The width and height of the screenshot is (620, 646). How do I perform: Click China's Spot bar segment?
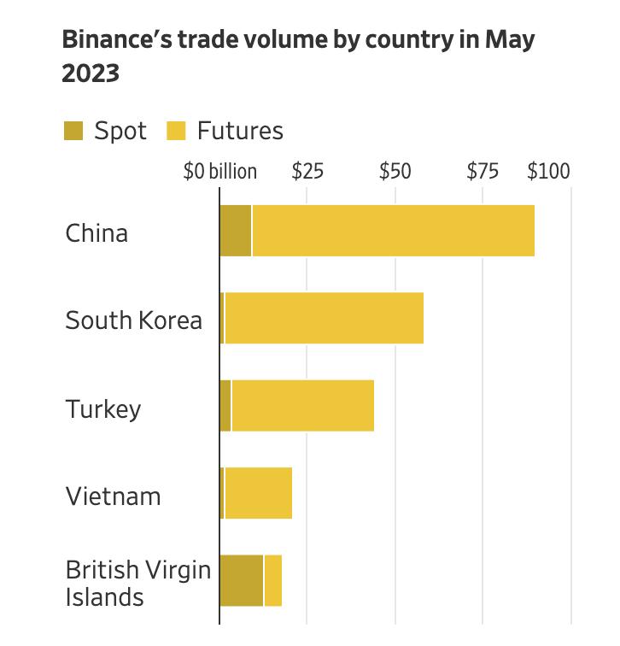click(236, 231)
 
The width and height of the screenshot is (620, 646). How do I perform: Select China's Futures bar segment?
click(393, 231)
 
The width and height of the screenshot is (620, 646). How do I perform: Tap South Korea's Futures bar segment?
click(324, 318)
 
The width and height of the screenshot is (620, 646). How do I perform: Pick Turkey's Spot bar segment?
click(225, 406)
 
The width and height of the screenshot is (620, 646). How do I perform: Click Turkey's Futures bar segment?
click(302, 406)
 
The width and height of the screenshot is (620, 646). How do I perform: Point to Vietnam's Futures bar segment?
click(258, 493)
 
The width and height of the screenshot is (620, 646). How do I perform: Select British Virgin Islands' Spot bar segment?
click(242, 581)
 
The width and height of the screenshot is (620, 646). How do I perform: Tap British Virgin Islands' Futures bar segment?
click(273, 581)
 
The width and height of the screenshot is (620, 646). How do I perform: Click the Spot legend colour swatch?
click(74, 132)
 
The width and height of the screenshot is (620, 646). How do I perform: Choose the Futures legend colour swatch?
click(175, 132)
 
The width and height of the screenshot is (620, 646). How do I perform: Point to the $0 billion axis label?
click(220, 172)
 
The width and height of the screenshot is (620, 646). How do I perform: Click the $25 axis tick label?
click(307, 172)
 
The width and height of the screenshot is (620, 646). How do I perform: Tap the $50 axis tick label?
click(395, 172)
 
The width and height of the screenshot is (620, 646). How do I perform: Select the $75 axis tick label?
click(483, 172)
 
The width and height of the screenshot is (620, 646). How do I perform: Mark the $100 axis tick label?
click(548, 172)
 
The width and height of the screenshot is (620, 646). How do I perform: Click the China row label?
click(97, 232)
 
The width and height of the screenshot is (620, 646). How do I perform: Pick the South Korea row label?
click(134, 320)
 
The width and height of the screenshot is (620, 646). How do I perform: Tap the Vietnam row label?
click(113, 496)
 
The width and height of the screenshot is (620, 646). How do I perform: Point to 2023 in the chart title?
click(91, 74)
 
